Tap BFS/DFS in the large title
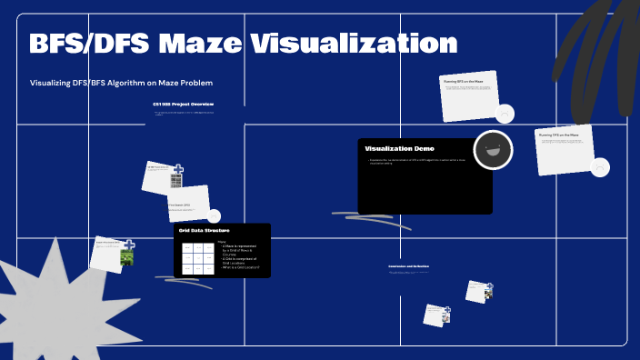[x=88, y=43]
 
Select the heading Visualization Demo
[x=399, y=148]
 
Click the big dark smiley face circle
[x=494, y=150]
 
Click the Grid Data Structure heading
[x=204, y=231]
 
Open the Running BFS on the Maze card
[x=468, y=95]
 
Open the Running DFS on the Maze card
[x=564, y=149]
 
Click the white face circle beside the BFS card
[x=505, y=114]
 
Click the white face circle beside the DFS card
[x=600, y=168]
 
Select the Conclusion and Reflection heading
[x=408, y=265]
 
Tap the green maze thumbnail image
[x=127, y=258]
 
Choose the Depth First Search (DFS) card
[x=187, y=204]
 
